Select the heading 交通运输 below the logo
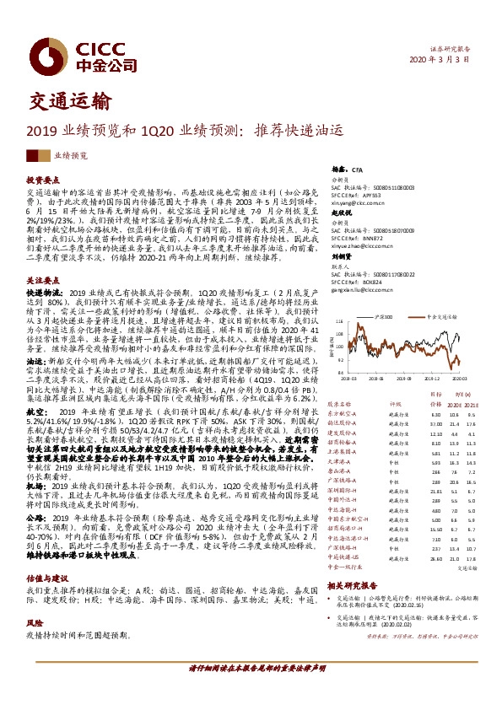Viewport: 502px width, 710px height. point(63,104)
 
